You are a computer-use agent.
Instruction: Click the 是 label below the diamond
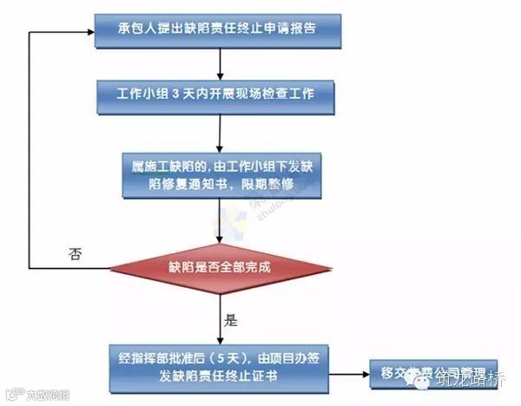click(231, 319)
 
